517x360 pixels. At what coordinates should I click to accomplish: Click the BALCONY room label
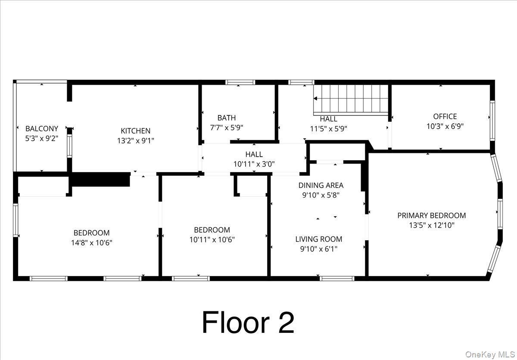[x=41, y=128]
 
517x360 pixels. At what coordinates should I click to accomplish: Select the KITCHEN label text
[x=135, y=131]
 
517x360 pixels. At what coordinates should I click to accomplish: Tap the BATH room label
[x=226, y=118]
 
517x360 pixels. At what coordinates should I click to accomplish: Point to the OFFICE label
[x=445, y=116]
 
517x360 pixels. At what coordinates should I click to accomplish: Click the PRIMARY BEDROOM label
[x=431, y=215]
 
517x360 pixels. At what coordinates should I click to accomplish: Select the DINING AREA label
[x=321, y=185]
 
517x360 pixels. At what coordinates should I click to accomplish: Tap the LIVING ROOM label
[x=318, y=239]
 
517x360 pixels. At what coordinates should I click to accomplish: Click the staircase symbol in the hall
[x=351, y=99]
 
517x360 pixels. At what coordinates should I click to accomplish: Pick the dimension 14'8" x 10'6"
[x=91, y=242]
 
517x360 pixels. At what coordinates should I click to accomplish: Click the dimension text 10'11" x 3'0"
[x=254, y=164]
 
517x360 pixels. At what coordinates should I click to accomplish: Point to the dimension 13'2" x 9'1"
[x=135, y=140]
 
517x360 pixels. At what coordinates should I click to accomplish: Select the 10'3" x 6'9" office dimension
[x=445, y=126]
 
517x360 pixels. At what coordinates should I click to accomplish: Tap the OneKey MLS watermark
[x=490, y=354]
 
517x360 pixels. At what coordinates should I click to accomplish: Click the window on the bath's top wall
[x=240, y=82]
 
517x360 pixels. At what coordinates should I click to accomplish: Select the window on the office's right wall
[x=492, y=121]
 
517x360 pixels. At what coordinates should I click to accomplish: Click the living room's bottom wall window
[x=337, y=278]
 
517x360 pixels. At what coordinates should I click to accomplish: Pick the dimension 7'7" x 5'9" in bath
[x=226, y=127]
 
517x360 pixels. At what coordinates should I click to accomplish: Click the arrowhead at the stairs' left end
[x=315, y=99]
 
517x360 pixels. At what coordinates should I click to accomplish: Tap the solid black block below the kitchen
[x=100, y=180]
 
